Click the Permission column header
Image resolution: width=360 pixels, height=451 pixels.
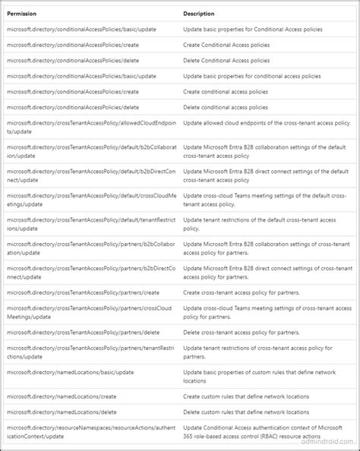coord(23,13)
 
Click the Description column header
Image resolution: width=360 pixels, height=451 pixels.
coord(198,13)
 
